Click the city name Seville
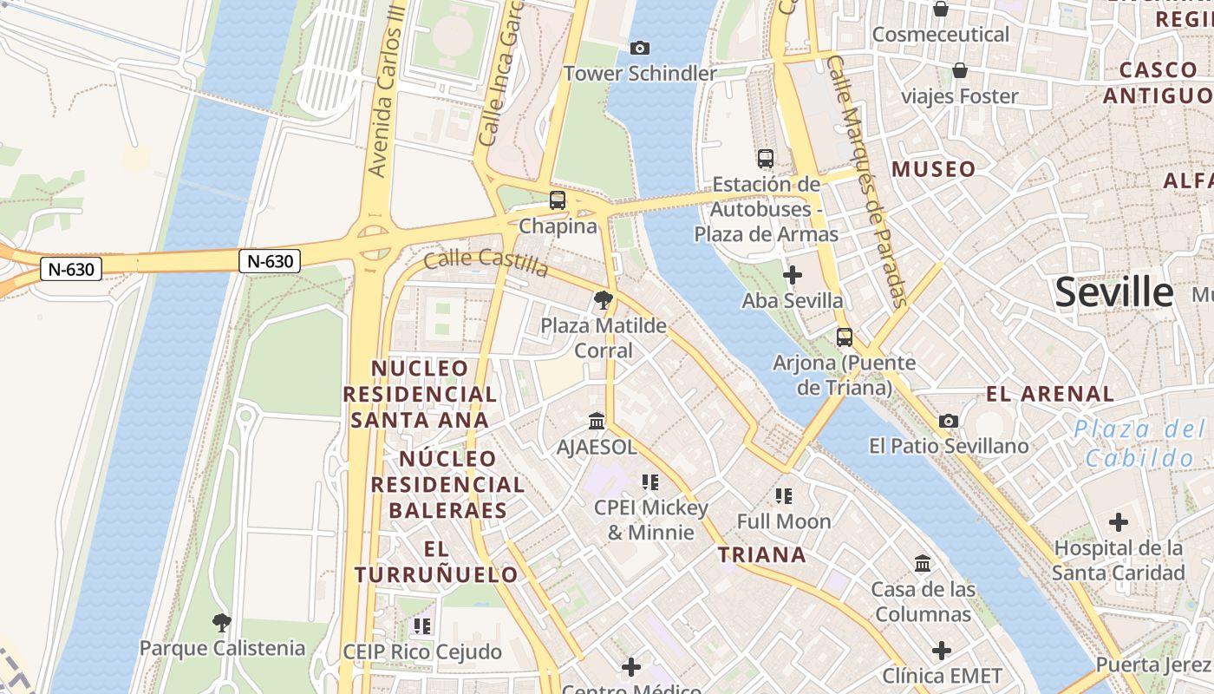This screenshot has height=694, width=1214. tap(1113, 293)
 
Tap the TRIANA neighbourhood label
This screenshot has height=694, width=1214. tap(762, 555)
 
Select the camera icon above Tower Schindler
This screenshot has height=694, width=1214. tap(640, 48)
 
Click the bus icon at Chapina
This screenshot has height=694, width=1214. tap(557, 200)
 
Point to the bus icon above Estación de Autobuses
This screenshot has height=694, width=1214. tap(765, 158)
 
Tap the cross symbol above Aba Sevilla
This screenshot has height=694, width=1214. tap(792, 275)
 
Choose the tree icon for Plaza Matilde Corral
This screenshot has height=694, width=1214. tap(603, 300)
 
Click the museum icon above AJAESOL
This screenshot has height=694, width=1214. tap(597, 421)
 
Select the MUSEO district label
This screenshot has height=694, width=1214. tap(934, 169)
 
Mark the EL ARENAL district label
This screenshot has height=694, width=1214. tap(1050, 394)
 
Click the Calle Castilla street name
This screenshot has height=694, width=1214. tap(486, 262)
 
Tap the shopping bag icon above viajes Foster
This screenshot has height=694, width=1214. tap(959, 70)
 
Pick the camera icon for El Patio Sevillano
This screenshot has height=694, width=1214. tap(949, 421)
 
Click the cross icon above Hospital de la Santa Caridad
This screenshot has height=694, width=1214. tap(1118, 522)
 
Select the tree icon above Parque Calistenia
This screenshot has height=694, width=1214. tap(222, 621)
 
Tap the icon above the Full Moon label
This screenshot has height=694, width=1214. tap(784, 496)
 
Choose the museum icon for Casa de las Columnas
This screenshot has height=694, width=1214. tap(923, 564)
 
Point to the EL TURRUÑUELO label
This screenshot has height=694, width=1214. tap(436, 561)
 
